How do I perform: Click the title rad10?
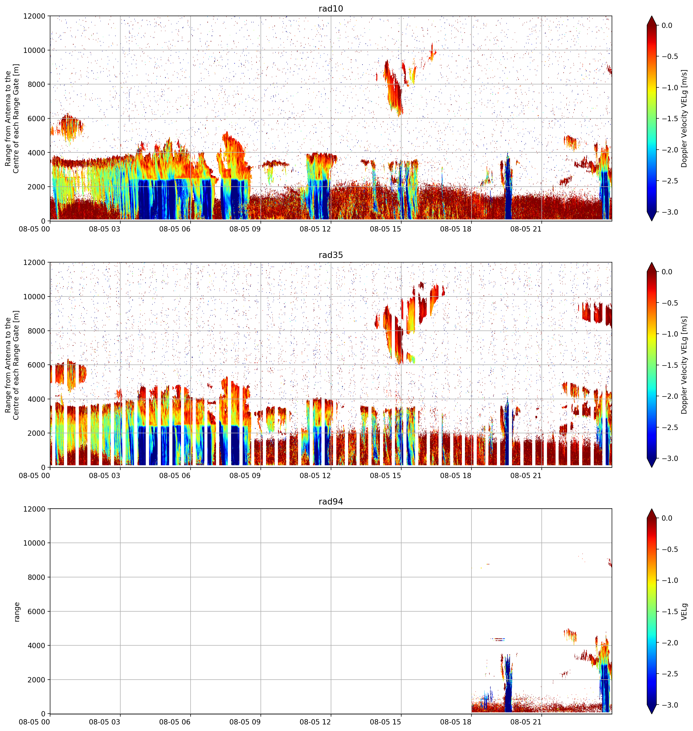[331, 9]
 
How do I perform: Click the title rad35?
[331, 255]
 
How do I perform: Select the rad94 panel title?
[331, 502]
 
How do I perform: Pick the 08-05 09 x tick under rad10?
[245, 229]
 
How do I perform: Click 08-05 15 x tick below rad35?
[385, 476]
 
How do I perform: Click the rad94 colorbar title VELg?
[684, 612]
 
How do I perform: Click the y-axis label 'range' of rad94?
[17, 612]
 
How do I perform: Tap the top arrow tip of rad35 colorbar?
[652, 263]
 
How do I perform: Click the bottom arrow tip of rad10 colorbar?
[652, 221]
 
